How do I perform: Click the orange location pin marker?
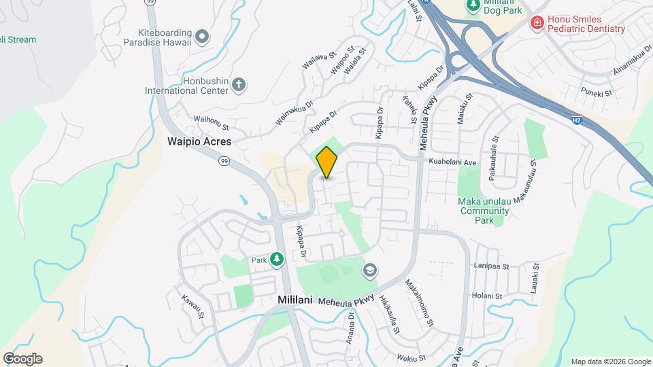[x=327, y=162]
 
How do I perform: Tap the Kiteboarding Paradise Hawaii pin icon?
[x=202, y=36]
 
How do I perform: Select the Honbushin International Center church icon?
[x=238, y=85]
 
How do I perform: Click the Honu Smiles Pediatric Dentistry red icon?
[x=537, y=23]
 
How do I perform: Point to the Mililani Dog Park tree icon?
[x=473, y=5]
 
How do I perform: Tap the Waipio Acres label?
[x=199, y=142]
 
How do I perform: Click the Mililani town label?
[x=295, y=299]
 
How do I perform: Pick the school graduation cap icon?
[x=370, y=270]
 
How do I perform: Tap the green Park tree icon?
[x=276, y=259]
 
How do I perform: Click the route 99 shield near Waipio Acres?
[x=224, y=161]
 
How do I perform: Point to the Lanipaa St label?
[x=494, y=266]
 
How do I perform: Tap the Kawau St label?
[x=192, y=307]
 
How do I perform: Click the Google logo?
[x=22, y=359]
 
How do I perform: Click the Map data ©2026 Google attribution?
[x=610, y=362]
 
